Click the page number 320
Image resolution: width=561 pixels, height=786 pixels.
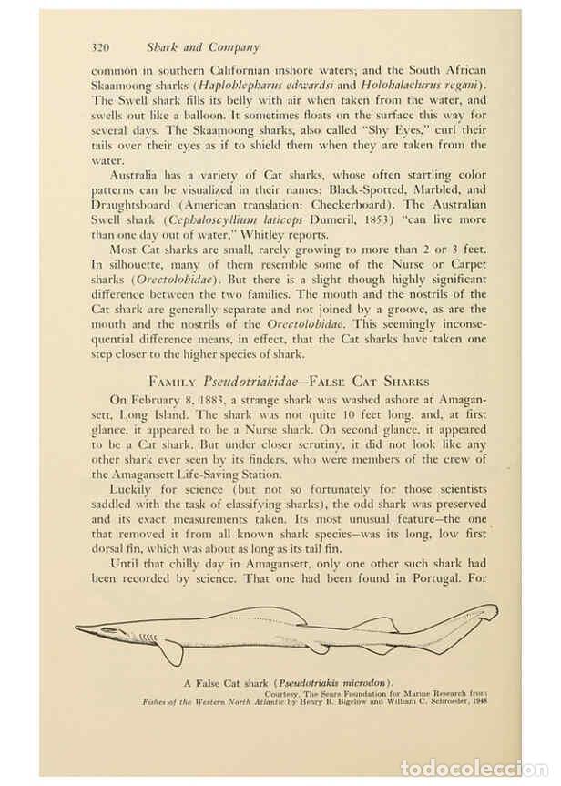pyautogui.click(x=101, y=46)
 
